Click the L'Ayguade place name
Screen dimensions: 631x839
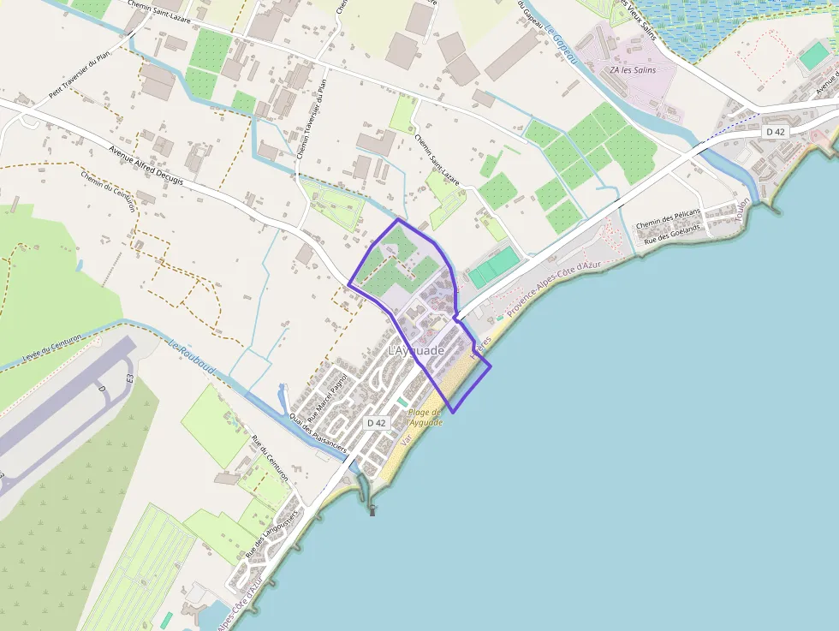point(416,351)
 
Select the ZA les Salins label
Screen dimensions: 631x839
point(633,70)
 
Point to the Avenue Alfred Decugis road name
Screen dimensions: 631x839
point(146,163)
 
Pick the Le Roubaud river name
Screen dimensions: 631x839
point(192,359)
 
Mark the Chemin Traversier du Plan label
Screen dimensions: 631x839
point(311,119)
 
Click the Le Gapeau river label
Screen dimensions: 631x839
point(560,38)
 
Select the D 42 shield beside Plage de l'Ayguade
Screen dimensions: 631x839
point(377,423)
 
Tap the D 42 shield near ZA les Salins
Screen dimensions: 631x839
point(775,131)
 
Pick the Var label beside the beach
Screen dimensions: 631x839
point(407,440)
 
